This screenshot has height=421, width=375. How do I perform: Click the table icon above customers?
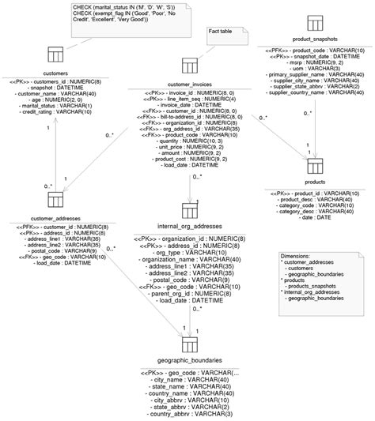(x=55, y=55)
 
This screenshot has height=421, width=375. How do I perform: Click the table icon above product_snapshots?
(x=314, y=21)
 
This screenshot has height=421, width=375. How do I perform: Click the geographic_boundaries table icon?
(x=191, y=344)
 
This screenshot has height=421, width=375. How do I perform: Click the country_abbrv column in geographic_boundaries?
(x=190, y=414)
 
